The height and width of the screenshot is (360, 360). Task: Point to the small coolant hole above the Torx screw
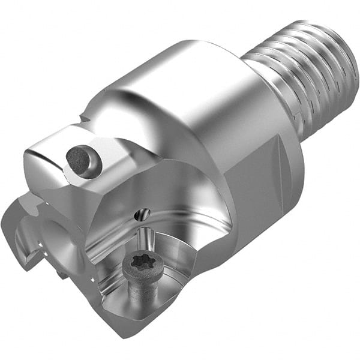tap(143, 214)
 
